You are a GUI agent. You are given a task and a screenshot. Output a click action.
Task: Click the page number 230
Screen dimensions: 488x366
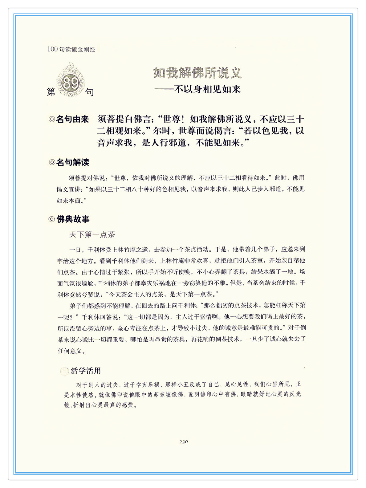[183, 442]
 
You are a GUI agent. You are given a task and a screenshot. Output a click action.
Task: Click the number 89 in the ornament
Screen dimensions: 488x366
[71, 83]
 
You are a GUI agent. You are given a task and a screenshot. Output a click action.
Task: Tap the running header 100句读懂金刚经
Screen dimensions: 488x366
[71, 49]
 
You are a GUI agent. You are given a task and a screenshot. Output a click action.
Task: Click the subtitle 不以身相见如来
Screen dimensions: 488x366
[207, 89]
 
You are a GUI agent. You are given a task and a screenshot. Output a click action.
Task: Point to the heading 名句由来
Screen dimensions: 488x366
[72, 119]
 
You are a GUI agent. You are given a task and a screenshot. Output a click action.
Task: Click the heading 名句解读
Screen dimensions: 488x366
[73, 162]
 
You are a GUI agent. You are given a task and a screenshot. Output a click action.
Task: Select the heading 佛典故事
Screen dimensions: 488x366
[73, 219]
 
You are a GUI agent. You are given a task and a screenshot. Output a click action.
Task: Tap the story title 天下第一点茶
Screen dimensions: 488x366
[92, 235]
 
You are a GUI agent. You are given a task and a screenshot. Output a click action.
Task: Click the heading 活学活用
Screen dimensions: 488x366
[86, 371]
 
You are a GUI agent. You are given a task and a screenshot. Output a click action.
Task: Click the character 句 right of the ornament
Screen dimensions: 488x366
[89, 92]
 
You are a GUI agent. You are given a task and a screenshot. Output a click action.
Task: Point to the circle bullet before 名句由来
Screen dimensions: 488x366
[52, 119]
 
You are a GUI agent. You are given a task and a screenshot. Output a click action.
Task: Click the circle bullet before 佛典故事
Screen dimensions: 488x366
[52, 219]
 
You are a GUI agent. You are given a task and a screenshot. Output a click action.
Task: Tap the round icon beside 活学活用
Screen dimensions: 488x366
[64, 371]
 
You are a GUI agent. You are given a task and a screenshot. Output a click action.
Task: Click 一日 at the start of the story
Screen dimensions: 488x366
[75, 249]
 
